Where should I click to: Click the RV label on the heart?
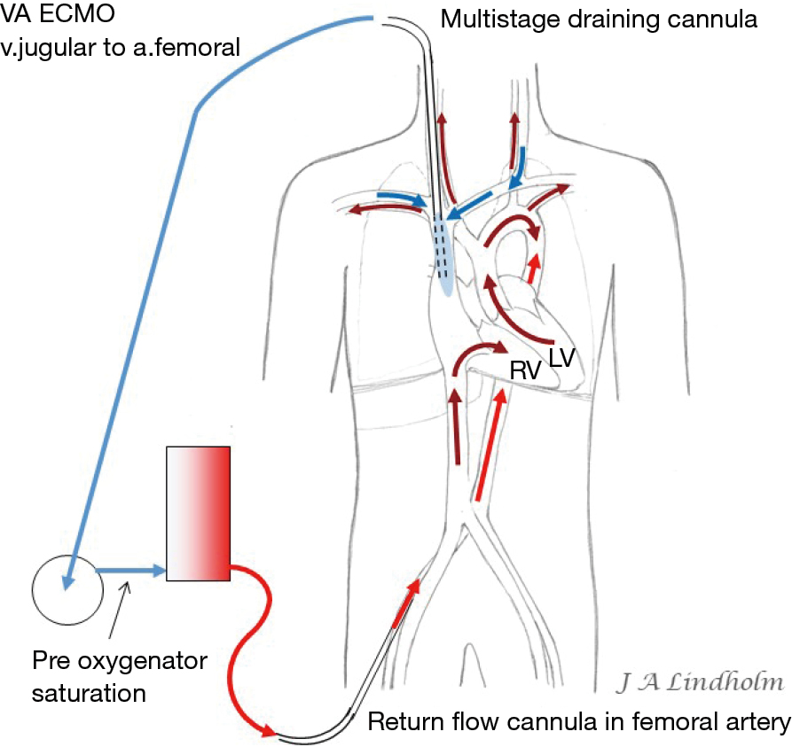[526, 369]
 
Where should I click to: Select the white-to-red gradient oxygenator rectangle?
[198, 514]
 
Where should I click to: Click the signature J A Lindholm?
[700, 682]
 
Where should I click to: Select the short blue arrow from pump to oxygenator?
[130, 572]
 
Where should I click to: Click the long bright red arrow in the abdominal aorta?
[490, 447]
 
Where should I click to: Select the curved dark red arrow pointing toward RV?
[479, 354]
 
